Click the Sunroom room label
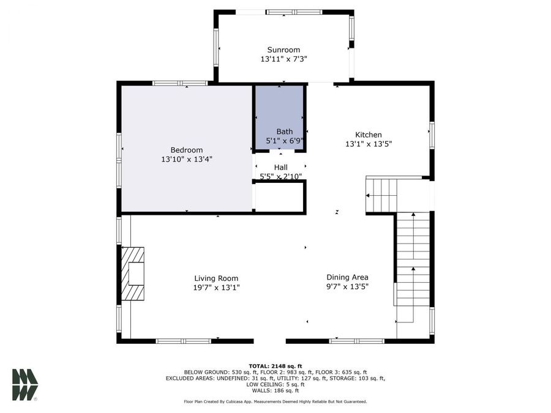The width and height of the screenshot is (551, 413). click(x=283, y=50)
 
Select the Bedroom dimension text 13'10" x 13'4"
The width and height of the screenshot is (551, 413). click(x=187, y=159)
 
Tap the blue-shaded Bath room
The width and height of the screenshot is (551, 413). click(x=280, y=113)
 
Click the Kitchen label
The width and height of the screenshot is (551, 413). click(x=369, y=135)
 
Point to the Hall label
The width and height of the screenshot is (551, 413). click(x=280, y=167)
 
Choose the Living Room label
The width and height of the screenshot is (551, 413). click(x=216, y=278)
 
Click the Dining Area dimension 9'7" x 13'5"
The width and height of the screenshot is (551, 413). click(x=347, y=286)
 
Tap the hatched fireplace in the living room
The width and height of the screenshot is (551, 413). click(x=133, y=273)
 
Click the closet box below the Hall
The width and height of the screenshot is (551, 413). click(x=279, y=196)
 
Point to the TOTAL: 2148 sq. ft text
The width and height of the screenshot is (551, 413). click(x=275, y=365)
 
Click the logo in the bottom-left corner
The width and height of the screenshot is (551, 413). click(x=24, y=384)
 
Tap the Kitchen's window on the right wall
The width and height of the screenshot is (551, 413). click(x=432, y=135)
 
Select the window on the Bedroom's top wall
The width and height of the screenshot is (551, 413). click(x=179, y=83)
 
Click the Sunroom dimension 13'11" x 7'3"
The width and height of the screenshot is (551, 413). click(x=283, y=59)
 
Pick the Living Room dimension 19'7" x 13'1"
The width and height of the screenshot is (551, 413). click(x=216, y=287)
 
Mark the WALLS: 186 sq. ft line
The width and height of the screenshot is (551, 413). click(x=275, y=390)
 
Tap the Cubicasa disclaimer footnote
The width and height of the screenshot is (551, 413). click(x=275, y=401)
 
